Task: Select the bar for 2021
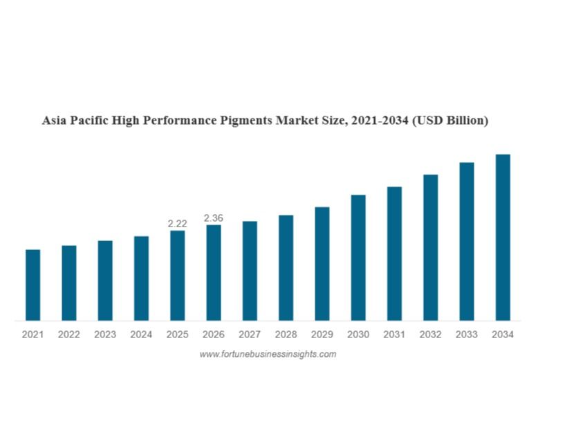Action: [x=33, y=285]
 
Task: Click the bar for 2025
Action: [x=177, y=275]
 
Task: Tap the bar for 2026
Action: [x=214, y=272]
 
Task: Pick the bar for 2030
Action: [x=358, y=257]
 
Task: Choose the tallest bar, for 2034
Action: [x=503, y=237]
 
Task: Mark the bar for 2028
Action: [x=286, y=267]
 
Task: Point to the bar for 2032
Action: [x=430, y=247]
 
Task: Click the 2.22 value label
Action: [x=177, y=223]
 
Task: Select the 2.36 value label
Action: [x=214, y=218]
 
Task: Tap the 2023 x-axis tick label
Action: [x=105, y=335]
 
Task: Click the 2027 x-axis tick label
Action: [x=250, y=335]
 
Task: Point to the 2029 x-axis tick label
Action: [x=322, y=335]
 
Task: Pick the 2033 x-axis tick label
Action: [x=467, y=335]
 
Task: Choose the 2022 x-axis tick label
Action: [x=69, y=335]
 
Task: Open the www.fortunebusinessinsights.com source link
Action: [x=268, y=354]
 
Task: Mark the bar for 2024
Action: [x=141, y=278]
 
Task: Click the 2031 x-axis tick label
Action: [x=394, y=335]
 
